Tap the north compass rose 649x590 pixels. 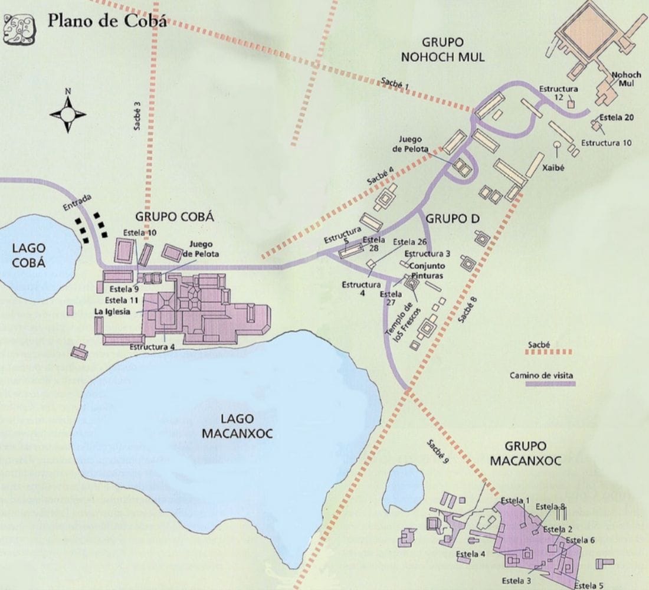tap(68, 112)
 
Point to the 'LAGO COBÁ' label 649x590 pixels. tap(28, 255)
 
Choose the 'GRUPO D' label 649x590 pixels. tap(453, 218)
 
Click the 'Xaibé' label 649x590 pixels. tap(556, 167)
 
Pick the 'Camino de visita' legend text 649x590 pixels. tap(541, 375)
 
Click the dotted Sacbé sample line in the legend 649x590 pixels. tap(548, 352)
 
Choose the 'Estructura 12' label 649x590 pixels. tap(558, 93)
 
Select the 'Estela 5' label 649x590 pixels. tap(589, 585)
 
